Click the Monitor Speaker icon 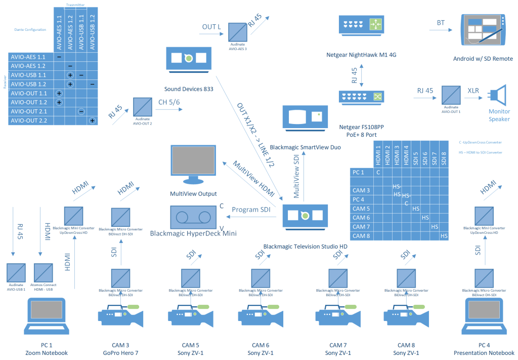click(498, 96)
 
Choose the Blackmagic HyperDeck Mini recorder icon click(193, 217)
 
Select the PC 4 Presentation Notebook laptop click(484, 316)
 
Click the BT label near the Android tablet click(441, 23)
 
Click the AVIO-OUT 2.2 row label click(29, 121)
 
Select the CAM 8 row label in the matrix click(361, 236)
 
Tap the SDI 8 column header click(444, 154)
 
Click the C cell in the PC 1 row click(378, 173)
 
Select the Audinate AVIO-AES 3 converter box click(238, 32)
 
